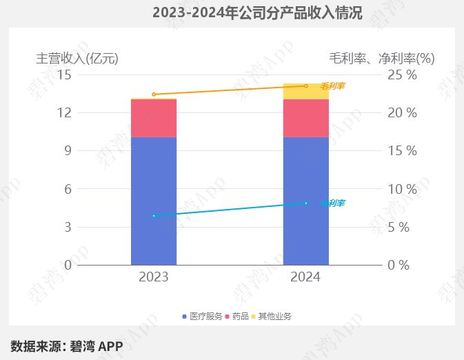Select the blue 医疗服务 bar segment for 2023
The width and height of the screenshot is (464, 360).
tap(154, 201)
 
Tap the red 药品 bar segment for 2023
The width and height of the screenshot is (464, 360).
tap(154, 118)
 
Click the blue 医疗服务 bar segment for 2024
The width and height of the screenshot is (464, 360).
tap(306, 201)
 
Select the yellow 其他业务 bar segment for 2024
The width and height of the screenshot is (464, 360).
tap(306, 92)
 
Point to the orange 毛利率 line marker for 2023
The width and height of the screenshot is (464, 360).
tap(154, 94)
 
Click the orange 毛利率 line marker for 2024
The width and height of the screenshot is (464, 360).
tap(306, 86)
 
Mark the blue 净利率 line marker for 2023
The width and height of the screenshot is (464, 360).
tap(154, 216)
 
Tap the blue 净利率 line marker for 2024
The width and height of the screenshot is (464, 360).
tap(306, 203)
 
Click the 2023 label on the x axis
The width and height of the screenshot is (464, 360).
tap(154, 277)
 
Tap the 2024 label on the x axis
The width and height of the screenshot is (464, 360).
tap(306, 277)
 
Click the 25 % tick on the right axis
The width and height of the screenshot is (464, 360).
tap(402, 74)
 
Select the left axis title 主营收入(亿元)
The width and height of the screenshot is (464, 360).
tap(77, 58)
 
